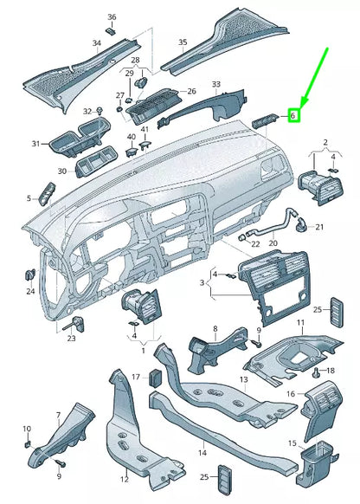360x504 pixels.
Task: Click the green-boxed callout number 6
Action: coord(293,114)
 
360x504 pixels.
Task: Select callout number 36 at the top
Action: coord(112,17)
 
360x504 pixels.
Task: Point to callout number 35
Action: coord(183,42)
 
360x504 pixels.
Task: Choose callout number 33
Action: coord(215,84)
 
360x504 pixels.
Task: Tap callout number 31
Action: coord(35,143)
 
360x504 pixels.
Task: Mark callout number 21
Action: coord(318,227)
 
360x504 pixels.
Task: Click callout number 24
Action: coord(30,291)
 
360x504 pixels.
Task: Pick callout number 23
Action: coord(71,339)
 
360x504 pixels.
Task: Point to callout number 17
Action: coord(135,377)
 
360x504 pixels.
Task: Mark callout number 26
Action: coord(191,91)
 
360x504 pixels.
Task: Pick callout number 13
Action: coord(244,379)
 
